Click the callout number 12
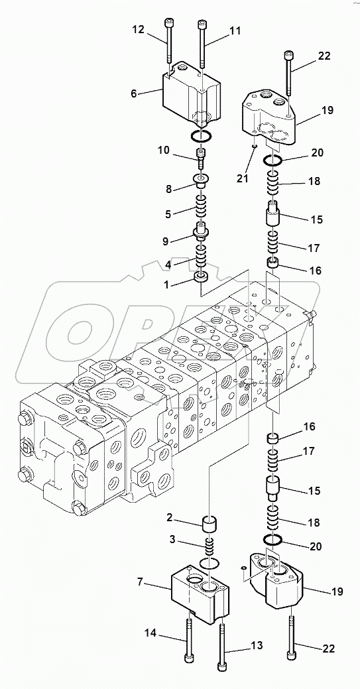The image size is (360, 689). pyautogui.click(x=138, y=30)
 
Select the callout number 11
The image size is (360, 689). pyautogui.click(x=235, y=31)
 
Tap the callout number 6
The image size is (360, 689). pyautogui.click(x=134, y=93)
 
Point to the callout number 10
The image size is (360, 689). pyautogui.click(x=164, y=151)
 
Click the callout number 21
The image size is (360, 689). pyautogui.click(x=242, y=179)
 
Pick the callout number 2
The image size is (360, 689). pyautogui.click(x=169, y=519)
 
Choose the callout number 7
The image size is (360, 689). pyautogui.click(x=140, y=583)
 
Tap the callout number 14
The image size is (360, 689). pyautogui.click(x=151, y=633)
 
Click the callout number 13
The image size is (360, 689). pyautogui.click(x=257, y=645)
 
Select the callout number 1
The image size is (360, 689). pyautogui.click(x=166, y=284)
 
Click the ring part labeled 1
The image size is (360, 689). pyautogui.click(x=201, y=278)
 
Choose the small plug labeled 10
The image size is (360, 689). pyautogui.click(x=201, y=157)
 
